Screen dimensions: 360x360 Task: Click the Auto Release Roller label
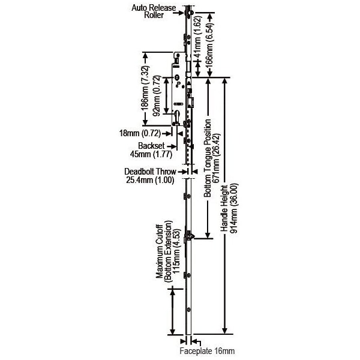click(x=154, y=11)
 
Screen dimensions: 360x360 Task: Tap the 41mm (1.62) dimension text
click(x=198, y=36)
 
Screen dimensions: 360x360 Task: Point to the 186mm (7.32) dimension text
click(x=145, y=88)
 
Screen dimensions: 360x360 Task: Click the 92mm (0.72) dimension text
click(x=157, y=95)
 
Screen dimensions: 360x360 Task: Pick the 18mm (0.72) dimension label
click(x=140, y=133)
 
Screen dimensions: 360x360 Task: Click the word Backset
click(x=151, y=146)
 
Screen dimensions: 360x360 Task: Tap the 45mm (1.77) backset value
click(x=151, y=154)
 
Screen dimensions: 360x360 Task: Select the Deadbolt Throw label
click(x=150, y=172)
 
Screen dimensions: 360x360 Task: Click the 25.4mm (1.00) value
click(x=150, y=180)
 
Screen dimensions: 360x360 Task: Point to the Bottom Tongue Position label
click(x=208, y=158)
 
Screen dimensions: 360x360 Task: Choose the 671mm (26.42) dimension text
click(x=216, y=158)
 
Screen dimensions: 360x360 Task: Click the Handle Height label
click(x=224, y=208)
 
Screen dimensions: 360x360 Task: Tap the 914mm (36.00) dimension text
click(x=233, y=208)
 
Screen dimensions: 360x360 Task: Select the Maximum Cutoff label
click(x=160, y=251)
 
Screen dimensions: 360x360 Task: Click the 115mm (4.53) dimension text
click(x=176, y=251)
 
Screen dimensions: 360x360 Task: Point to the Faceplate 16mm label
click(x=207, y=351)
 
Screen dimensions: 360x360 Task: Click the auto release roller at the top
click(x=189, y=13)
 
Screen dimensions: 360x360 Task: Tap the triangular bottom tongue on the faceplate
click(x=191, y=236)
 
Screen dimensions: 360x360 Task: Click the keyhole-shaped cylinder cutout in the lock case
click(x=177, y=117)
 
